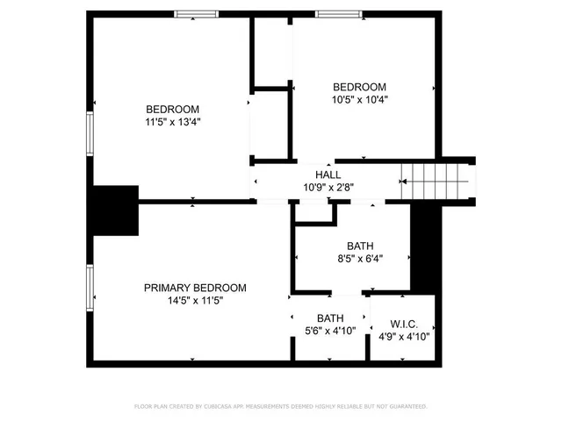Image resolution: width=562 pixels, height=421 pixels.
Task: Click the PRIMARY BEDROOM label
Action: click(195, 288)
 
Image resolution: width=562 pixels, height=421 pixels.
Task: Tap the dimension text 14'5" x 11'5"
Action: click(195, 300)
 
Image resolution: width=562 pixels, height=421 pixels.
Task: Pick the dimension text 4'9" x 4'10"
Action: click(404, 335)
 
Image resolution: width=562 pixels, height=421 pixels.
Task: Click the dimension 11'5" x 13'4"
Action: click(172, 122)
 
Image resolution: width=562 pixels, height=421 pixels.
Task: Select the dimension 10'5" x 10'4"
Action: click(359, 99)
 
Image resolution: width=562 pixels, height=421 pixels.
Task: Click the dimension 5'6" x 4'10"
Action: click(329, 331)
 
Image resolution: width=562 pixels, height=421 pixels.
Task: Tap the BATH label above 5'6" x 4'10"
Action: click(330, 318)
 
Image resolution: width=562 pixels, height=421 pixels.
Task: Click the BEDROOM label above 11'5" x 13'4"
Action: click(172, 109)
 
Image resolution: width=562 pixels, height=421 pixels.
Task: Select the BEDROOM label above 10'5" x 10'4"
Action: click(359, 86)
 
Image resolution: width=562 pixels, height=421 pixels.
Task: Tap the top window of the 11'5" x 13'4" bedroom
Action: click(196, 13)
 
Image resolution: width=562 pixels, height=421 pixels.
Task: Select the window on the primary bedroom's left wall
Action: click(89, 289)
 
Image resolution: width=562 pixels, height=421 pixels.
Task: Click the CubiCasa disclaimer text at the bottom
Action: click(280, 406)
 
